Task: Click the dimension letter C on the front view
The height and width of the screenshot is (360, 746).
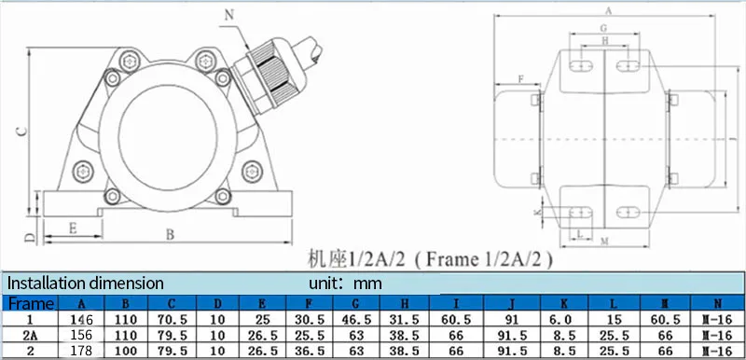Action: [21, 132]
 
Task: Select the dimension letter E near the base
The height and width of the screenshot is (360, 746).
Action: [73, 228]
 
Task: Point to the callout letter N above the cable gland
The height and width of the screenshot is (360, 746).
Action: [229, 15]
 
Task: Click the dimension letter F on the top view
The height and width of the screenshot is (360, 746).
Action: [521, 79]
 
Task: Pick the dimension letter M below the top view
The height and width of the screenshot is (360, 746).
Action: [604, 242]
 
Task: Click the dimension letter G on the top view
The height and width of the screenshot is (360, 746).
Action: [603, 28]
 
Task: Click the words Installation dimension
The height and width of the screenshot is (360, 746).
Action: [85, 284]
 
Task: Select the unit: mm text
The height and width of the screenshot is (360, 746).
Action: [345, 284]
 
